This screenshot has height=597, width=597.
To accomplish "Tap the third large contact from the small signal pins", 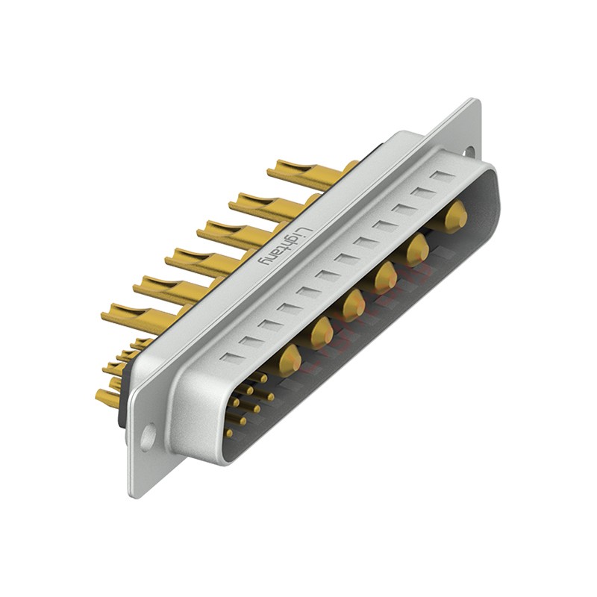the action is (354, 301).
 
